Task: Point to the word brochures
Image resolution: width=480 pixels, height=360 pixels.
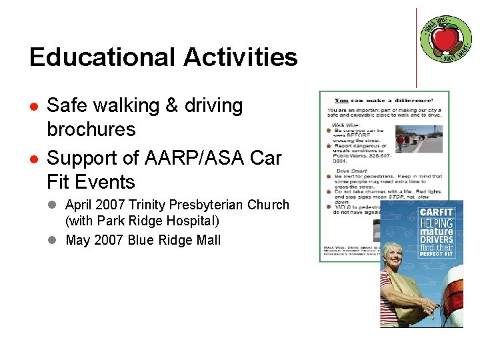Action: point(91,129)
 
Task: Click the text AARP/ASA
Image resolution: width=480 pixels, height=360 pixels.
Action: point(191,159)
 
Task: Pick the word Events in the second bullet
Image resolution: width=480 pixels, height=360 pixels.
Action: point(100,181)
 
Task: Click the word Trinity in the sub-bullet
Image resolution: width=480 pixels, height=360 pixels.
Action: point(153,205)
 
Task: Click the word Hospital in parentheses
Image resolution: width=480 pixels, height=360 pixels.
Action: point(195,221)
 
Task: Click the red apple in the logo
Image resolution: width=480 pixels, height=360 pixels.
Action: point(445,36)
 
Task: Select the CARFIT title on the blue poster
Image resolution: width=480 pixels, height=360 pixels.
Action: point(437,212)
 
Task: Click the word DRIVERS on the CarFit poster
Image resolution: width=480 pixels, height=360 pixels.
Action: point(437,239)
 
